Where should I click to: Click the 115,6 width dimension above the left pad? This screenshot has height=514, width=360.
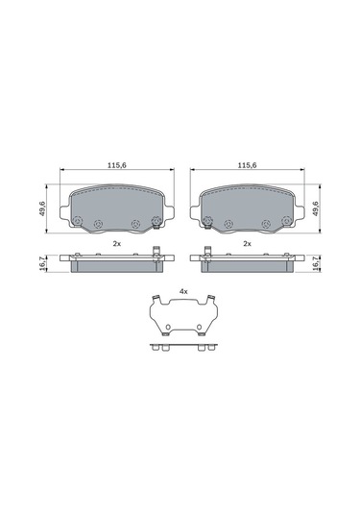click(117, 165)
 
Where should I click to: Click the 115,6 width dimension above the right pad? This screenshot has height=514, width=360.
click(248, 165)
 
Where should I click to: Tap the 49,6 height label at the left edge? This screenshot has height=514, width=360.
click(42, 208)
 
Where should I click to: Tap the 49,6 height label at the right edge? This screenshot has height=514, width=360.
click(316, 208)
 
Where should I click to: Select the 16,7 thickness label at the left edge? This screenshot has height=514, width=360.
click(41, 263)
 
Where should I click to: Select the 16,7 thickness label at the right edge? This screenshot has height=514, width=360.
click(317, 263)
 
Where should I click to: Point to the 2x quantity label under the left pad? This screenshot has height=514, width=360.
click(117, 244)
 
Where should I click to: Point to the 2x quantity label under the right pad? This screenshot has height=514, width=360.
click(248, 244)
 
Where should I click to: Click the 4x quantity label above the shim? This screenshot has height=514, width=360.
click(183, 291)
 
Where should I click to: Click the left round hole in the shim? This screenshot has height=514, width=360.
click(168, 328)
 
